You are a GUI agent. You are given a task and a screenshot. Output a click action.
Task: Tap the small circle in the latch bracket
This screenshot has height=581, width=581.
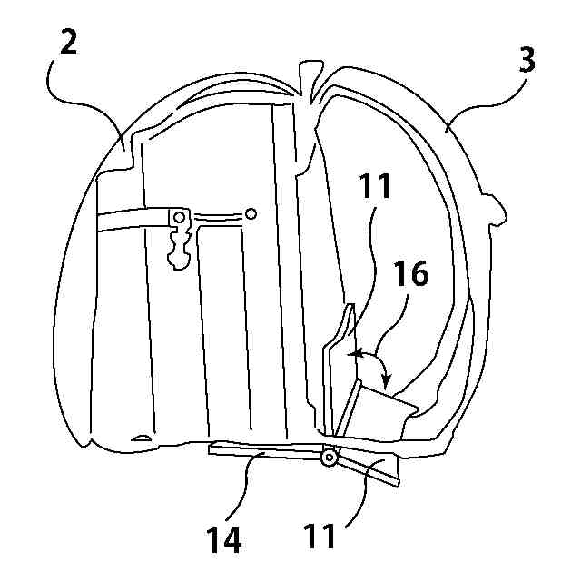click(x=180, y=218)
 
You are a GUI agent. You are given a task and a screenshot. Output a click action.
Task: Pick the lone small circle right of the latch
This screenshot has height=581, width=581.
click(x=251, y=214)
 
